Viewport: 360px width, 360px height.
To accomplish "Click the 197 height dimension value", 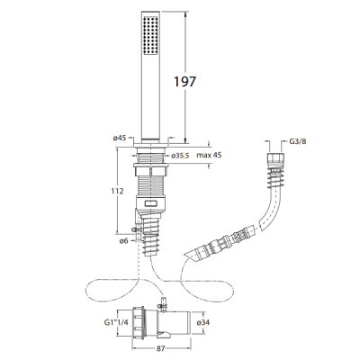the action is (184, 82).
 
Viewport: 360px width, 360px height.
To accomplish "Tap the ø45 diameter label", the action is (120, 138).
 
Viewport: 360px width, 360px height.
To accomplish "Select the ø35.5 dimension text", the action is (180, 156).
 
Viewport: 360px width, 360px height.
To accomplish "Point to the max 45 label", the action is (209, 156).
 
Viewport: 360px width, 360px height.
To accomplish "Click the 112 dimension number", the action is (117, 191).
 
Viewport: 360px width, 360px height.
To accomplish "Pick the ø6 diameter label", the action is (124, 240).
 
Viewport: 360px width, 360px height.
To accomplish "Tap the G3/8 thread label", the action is (298, 142).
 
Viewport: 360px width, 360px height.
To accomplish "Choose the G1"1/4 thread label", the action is (116, 323).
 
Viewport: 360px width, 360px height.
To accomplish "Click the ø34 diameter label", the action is (203, 323).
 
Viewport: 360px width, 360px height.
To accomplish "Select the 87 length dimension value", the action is (161, 348).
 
